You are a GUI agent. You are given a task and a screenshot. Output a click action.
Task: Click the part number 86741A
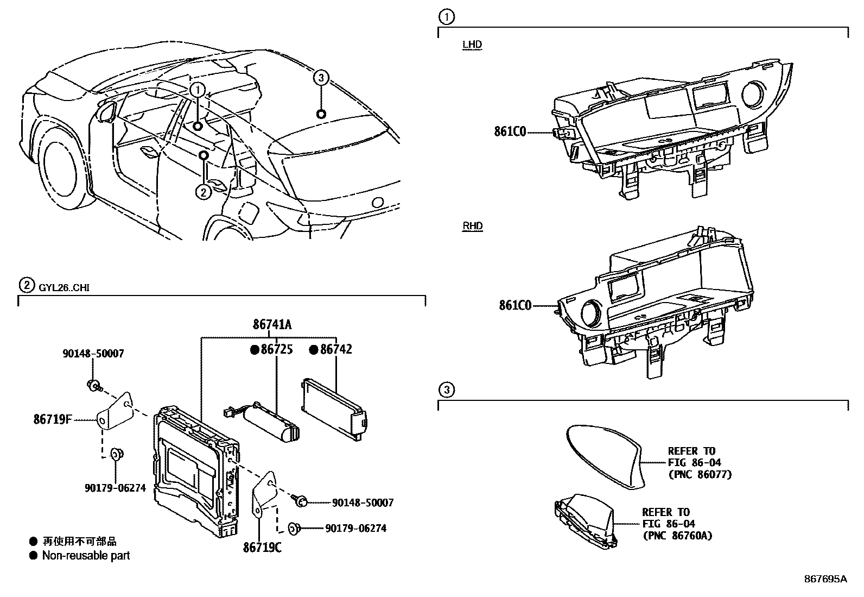[272, 324]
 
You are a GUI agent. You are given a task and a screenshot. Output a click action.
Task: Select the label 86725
[277, 349]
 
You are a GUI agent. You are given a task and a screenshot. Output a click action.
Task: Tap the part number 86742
[336, 349]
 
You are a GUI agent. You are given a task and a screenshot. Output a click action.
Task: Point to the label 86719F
[53, 419]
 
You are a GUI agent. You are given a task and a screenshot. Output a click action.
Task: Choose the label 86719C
[262, 547]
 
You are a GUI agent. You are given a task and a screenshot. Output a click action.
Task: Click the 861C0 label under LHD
[510, 131]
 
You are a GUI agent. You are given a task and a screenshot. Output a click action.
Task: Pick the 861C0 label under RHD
[515, 305]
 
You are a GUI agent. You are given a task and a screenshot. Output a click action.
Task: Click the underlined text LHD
[472, 45]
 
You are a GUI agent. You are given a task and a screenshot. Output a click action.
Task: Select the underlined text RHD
[473, 226]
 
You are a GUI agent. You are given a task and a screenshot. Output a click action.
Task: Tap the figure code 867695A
[825, 579]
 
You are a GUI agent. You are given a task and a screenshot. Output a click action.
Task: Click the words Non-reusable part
[86, 555]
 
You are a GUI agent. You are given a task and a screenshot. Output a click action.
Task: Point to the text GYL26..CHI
[64, 288]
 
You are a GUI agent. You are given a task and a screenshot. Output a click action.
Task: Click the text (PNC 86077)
[700, 474]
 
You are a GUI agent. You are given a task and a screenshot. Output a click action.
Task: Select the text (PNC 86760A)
[677, 536]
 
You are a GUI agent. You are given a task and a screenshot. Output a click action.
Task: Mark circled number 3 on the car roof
[321, 78]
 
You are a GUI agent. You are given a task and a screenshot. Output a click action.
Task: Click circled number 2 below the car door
[204, 192]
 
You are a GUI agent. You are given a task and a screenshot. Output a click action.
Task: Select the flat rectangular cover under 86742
[334, 409]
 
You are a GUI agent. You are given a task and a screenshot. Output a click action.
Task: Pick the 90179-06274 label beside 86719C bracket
[355, 528]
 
